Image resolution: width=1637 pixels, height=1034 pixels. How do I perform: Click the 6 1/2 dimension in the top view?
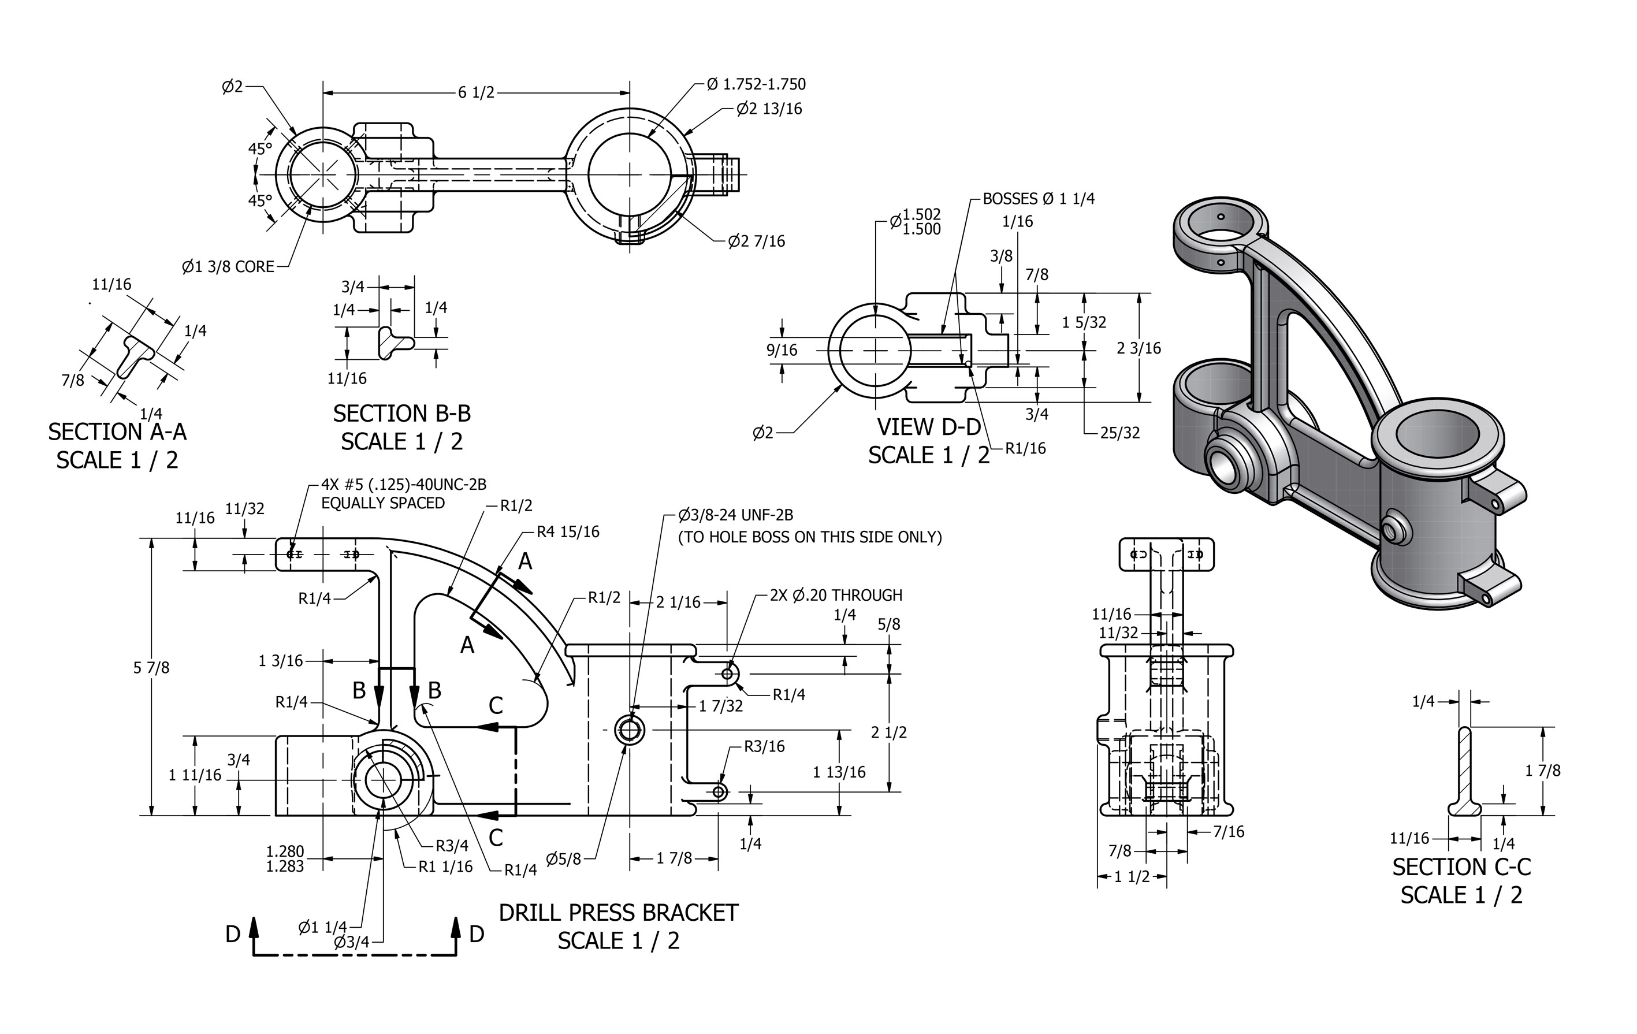click(476, 92)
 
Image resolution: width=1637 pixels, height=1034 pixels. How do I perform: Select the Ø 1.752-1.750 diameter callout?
click(756, 84)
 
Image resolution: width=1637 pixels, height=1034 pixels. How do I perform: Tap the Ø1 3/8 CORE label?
click(228, 266)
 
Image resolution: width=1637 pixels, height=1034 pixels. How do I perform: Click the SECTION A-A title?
click(117, 432)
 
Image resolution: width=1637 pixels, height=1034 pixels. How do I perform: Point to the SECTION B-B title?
click(402, 414)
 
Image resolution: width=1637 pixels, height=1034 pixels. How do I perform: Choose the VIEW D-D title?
click(929, 427)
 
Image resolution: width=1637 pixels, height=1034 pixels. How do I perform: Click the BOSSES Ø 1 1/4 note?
click(1039, 199)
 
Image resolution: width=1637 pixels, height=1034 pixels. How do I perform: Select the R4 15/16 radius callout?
click(568, 531)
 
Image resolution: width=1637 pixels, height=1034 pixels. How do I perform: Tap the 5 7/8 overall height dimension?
click(151, 668)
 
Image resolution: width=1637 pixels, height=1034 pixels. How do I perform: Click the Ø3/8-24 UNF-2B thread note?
click(735, 515)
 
